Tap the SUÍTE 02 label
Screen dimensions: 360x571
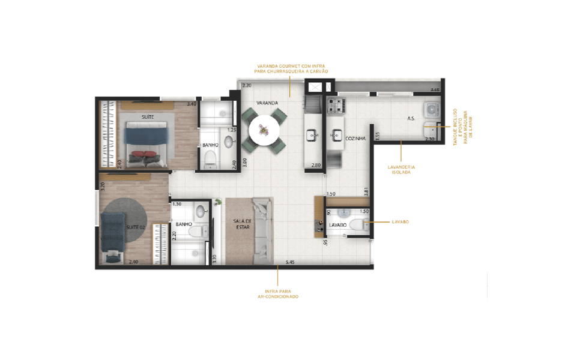click(136, 227)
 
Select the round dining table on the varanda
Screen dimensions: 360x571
click(264, 129)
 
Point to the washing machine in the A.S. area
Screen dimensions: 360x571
click(432, 112)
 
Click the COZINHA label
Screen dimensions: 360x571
click(355, 138)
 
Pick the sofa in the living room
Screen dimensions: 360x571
click(263, 231)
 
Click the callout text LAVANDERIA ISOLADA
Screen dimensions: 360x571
click(402, 169)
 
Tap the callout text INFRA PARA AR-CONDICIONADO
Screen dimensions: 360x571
click(277, 294)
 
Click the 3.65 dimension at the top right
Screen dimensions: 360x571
click(435, 89)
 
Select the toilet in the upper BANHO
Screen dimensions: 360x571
click(210, 158)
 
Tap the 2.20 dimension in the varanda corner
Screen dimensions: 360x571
click(246, 86)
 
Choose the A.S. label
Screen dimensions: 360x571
click(411, 119)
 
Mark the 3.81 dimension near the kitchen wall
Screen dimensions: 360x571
click(366, 192)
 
